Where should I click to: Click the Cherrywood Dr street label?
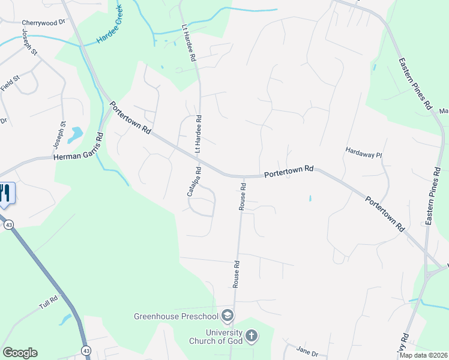pyautogui.click(x=43, y=23)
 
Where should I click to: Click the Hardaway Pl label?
pyautogui.click(x=364, y=154)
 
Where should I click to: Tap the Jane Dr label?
pyautogui.click(x=307, y=350)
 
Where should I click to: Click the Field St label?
pyautogui.click(x=11, y=83)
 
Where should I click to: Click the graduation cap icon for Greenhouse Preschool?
pyautogui.click(x=227, y=315)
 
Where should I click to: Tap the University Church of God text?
pyautogui.click(x=223, y=337)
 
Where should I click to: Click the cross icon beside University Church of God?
pyautogui.click(x=252, y=336)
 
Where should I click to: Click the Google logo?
pyautogui.click(x=20, y=353)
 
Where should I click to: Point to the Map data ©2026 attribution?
pyautogui.click(x=423, y=355)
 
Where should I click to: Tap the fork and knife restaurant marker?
pyautogui.click(x=5, y=193)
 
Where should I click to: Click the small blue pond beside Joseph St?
pyautogui.click(x=76, y=134)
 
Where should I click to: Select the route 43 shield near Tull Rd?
pyautogui.click(x=86, y=350)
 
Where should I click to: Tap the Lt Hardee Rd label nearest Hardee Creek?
pyautogui.click(x=188, y=43)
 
